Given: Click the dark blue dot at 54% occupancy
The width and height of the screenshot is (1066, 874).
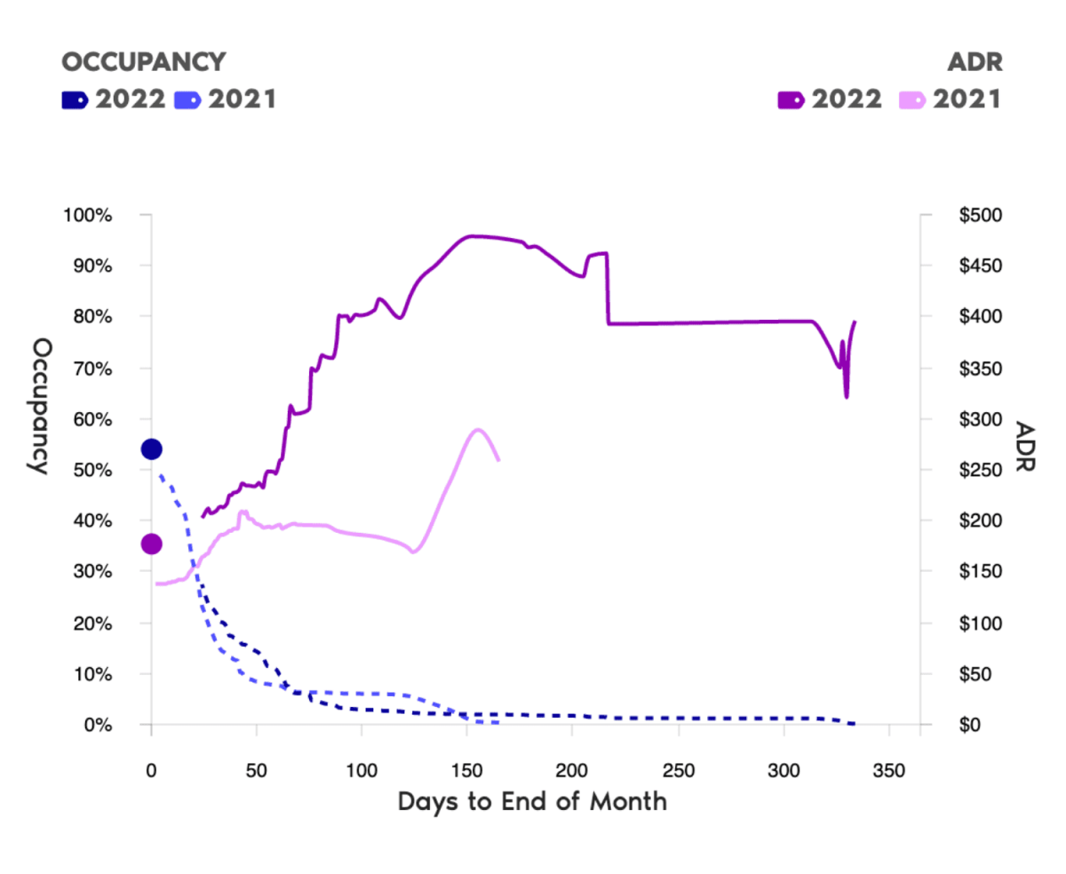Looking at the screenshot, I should [151, 449].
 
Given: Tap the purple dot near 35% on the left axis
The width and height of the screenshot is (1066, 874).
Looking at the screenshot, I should [151, 544].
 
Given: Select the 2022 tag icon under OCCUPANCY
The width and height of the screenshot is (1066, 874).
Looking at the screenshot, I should [75, 99].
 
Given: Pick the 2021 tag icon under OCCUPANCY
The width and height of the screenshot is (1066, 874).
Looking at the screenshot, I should [188, 99].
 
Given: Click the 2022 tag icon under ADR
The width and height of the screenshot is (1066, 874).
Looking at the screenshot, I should [791, 99].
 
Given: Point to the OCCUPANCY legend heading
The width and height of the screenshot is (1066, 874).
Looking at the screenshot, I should [143, 61].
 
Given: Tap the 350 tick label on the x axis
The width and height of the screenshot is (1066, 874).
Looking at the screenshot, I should [889, 769].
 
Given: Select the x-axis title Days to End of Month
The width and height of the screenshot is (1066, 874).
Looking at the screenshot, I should [532, 801].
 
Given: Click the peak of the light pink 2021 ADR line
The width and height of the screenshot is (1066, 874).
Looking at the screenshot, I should [479, 430].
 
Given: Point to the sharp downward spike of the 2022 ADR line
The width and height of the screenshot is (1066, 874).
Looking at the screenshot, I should [847, 396].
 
